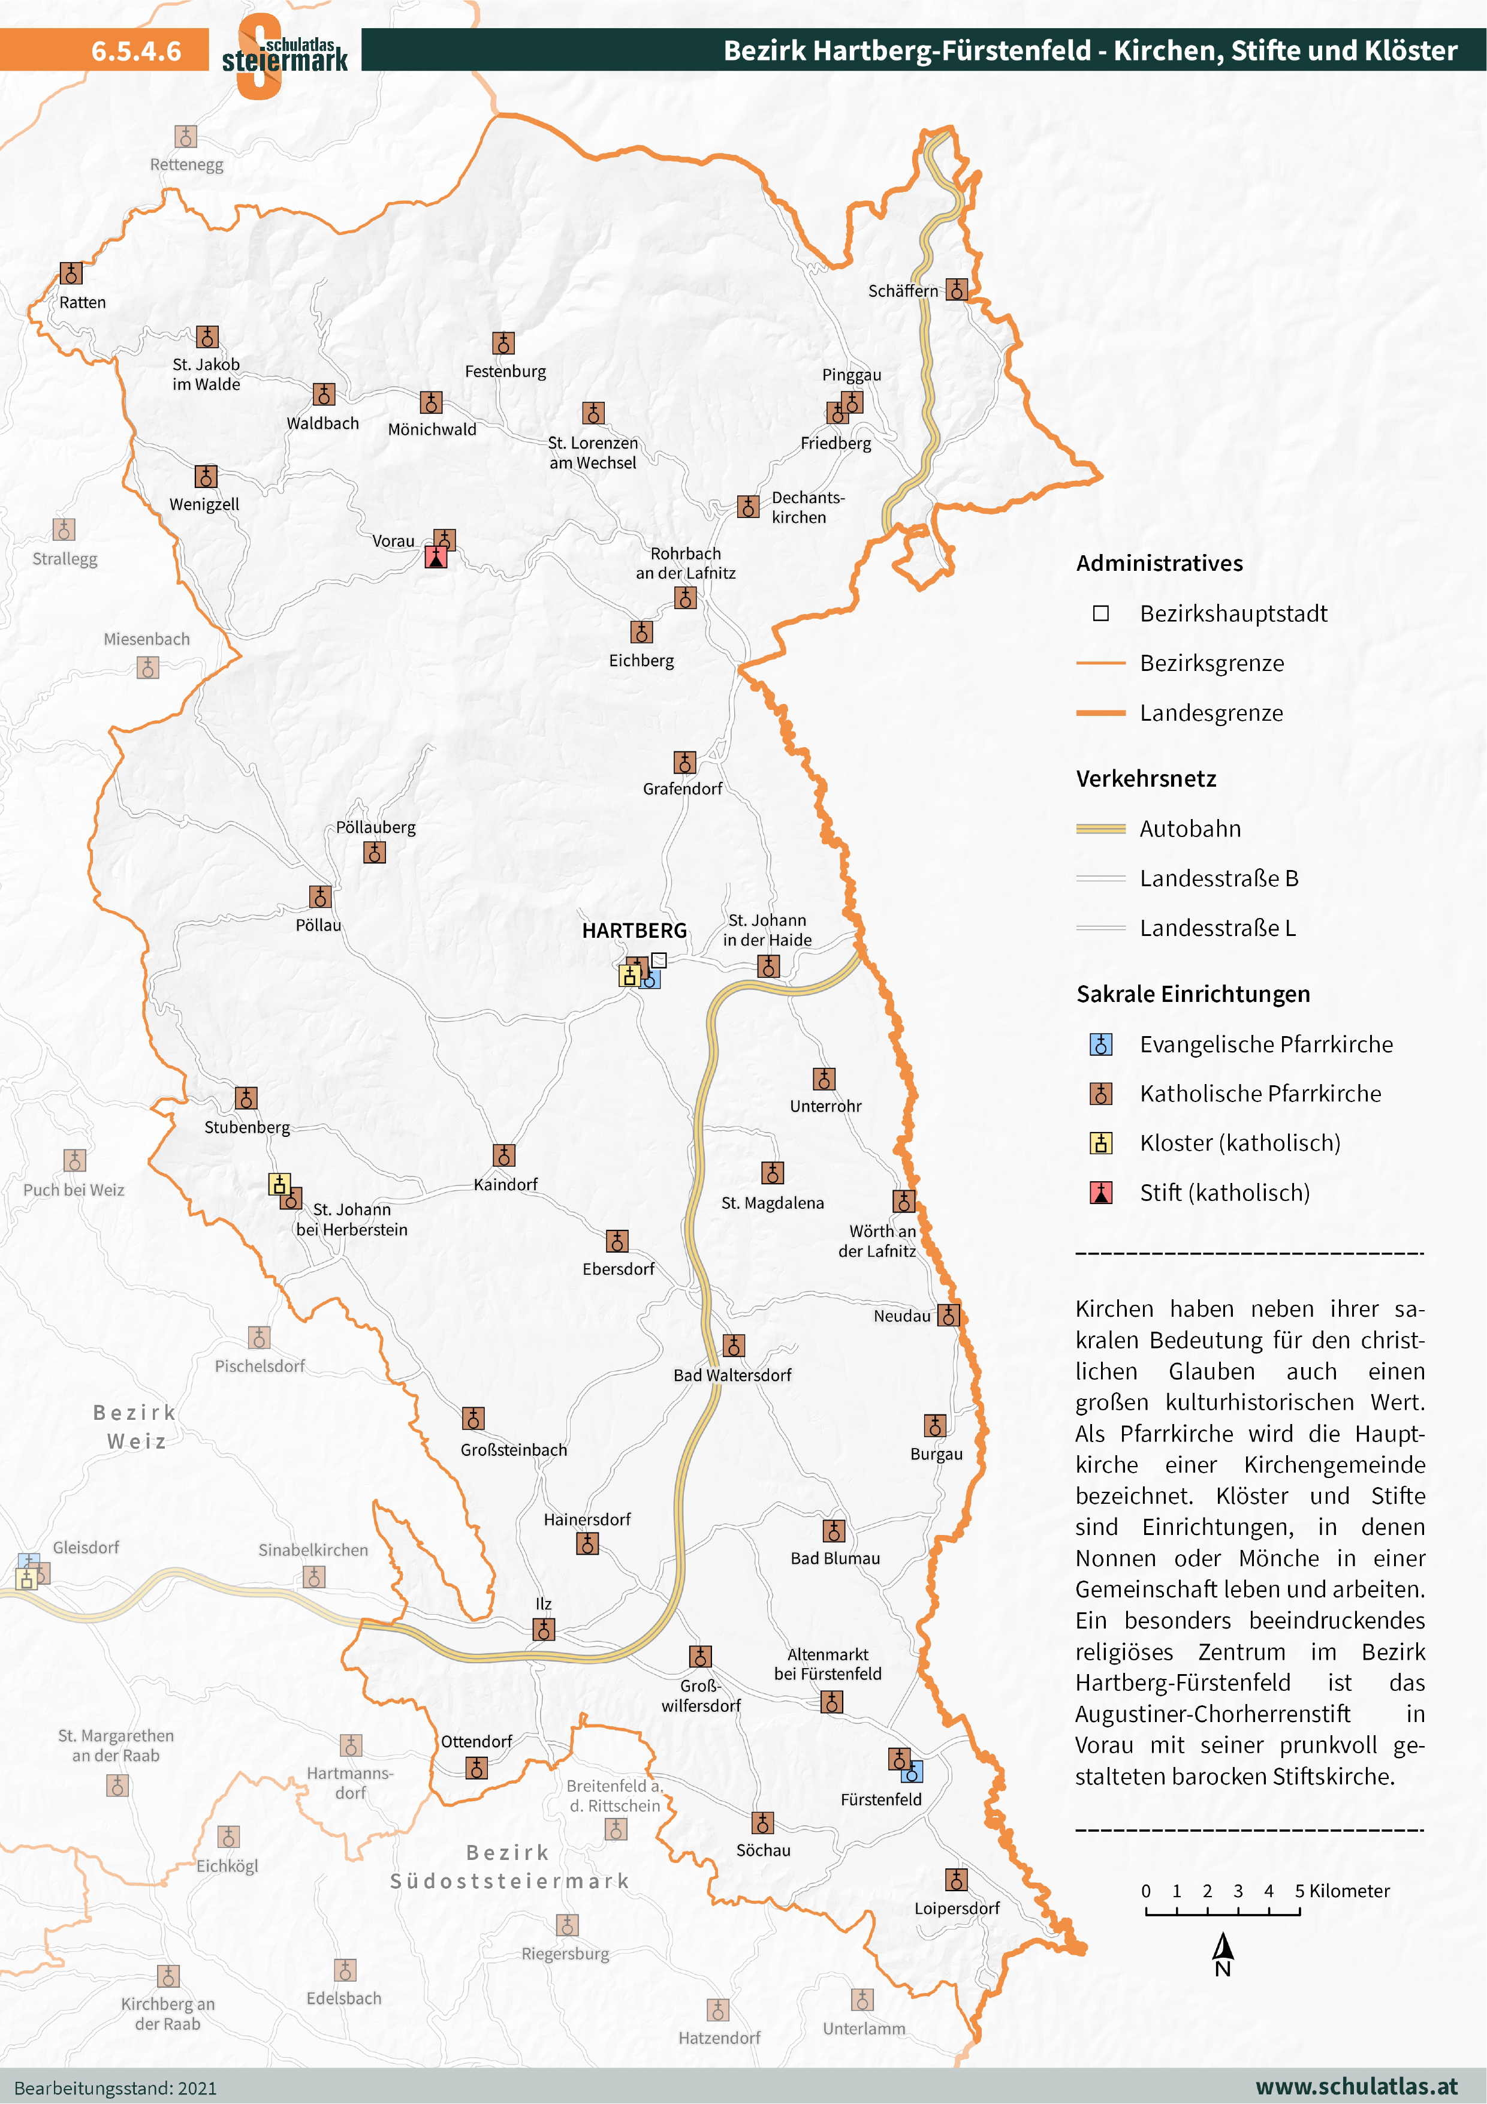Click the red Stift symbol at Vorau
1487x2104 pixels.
pyautogui.click(x=436, y=557)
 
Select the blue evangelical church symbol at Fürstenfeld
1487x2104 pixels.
pyautogui.click(x=912, y=1771)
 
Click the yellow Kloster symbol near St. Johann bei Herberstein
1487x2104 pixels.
pyautogui.click(x=279, y=1184)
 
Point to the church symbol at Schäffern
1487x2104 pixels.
pyautogui.click(x=957, y=290)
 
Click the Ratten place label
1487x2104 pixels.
pyautogui.click(x=83, y=302)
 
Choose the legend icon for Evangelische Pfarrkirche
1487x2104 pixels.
pyautogui.click(x=1100, y=1045)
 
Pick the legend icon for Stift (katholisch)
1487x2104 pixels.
pyautogui.click(x=1100, y=1192)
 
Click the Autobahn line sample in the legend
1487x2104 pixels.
pyautogui.click(x=1100, y=829)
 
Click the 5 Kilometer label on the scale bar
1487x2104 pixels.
pyautogui.click(x=1341, y=1891)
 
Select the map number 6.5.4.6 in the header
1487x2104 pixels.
pyautogui.click(x=135, y=50)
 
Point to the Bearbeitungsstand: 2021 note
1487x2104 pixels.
pyautogui.click(x=116, y=2087)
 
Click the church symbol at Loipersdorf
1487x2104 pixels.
pyautogui.click(x=955, y=1880)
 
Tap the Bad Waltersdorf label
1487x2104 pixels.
pyautogui.click(x=732, y=1374)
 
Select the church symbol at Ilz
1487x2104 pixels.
pyautogui.click(x=543, y=1629)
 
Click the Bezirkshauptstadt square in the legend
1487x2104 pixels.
pyautogui.click(x=1100, y=613)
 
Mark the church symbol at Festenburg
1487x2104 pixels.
pyautogui.click(x=503, y=344)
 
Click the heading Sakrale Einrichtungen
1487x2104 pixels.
pyautogui.click(x=1192, y=994)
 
